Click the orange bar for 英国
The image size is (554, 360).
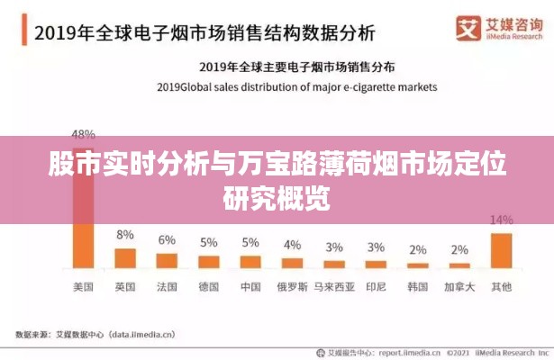125,258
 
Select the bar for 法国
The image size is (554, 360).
167,260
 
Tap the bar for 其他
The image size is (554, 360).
501,250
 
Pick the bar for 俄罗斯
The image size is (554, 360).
292,263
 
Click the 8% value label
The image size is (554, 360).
125,235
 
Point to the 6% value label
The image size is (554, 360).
167,240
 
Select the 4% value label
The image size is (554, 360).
292,245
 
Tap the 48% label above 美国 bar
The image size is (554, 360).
83,132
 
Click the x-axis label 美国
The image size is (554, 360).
83,287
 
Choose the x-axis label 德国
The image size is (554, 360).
208,287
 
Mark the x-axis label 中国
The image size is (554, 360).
250,287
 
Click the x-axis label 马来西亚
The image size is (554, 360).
334,287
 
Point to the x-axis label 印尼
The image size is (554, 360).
376,287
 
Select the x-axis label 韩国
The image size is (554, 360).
417,287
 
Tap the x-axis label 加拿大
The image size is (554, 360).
459,287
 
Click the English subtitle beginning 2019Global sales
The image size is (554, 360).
296,87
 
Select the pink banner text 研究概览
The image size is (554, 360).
277,195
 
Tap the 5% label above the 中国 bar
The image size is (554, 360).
250,242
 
